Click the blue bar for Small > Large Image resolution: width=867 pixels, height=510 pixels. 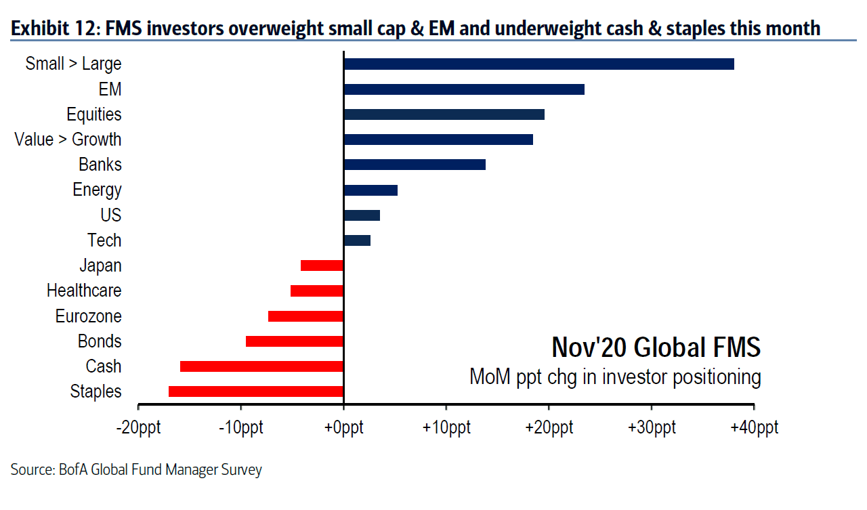tap(538, 64)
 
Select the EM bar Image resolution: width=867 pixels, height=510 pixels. tap(464, 89)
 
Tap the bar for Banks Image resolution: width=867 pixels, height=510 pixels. tap(415, 165)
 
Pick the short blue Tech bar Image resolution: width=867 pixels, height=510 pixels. tap(357, 240)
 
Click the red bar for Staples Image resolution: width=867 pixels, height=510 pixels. tap(256, 391)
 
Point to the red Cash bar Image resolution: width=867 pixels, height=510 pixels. tap(261, 366)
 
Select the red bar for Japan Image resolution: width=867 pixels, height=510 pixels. tap(322, 265)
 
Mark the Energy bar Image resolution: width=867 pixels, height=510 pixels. tap(371, 190)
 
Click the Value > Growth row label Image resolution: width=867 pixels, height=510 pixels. tap(68, 140)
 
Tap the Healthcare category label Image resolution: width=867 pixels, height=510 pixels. tap(84, 291)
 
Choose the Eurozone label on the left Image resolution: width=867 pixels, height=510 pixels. tap(88, 316)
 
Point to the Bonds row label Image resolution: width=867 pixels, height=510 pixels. tap(100, 341)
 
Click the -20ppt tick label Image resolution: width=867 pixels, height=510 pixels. tap(138, 428)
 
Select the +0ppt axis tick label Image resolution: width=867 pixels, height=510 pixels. tap(343, 428)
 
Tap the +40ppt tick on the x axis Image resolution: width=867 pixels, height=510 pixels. tap(753, 428)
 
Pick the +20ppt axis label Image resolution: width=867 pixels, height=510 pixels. tap(548, 428)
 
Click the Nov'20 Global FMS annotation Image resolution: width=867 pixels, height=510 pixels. tap(656, 347)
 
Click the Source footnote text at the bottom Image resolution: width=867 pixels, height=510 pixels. tap(135, 469)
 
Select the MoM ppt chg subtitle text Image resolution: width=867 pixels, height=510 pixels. tap(615, 377)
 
